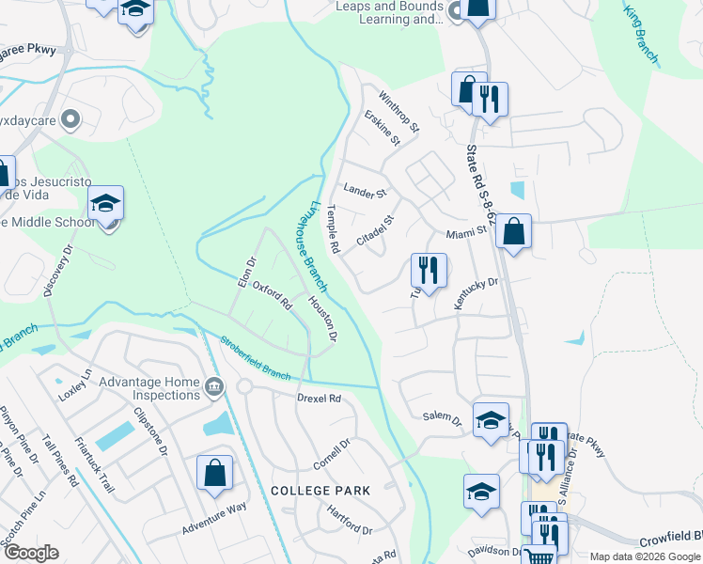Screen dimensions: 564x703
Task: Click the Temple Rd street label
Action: point(332,231)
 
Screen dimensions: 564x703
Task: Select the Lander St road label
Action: point(366,192)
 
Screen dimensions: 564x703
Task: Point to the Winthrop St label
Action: point(398,110)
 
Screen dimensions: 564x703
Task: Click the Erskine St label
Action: point(383,128)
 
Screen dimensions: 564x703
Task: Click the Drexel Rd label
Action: point(319,399)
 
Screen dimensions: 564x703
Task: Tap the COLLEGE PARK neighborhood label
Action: point(320,491)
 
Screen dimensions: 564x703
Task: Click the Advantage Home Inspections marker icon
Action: point(214,386)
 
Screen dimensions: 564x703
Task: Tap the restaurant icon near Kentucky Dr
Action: point(428,271)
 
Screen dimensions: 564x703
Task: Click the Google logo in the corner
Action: point(31,553)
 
